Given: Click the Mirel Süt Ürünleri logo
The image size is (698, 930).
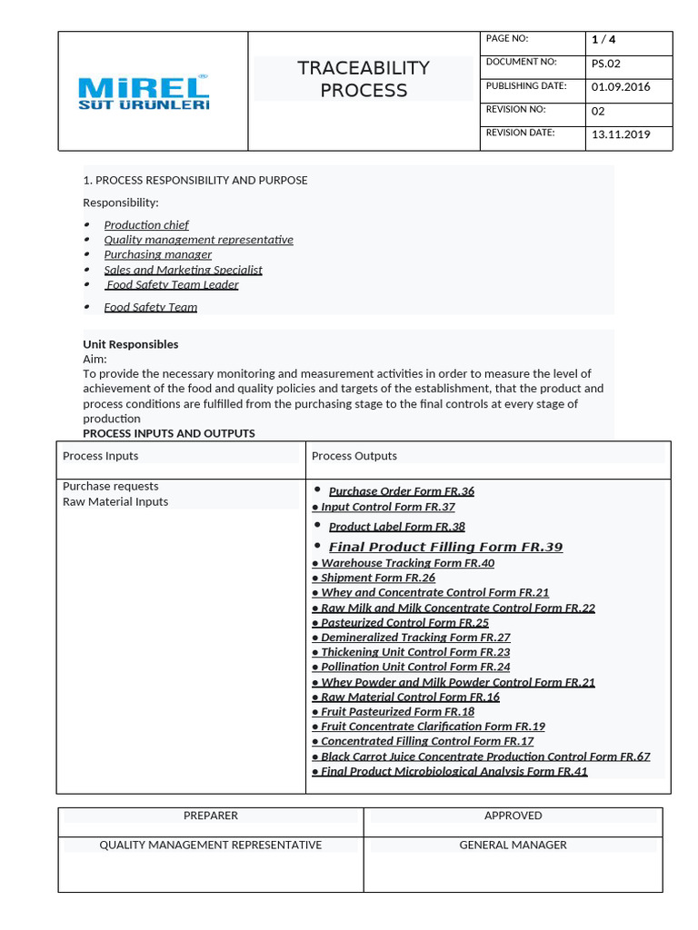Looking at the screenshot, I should coord(144,93).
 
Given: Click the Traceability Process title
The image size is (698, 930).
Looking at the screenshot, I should coord(364,79).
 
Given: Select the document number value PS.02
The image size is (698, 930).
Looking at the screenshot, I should coord(606,64).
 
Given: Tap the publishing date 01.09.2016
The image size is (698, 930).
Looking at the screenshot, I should coord(621,87).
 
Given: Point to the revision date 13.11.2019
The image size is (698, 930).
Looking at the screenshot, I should coord(621,134).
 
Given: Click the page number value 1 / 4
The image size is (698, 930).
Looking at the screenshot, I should coord(603,39).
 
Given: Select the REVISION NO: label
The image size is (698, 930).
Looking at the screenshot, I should coord(515,109).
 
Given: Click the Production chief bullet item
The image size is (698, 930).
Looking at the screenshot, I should coord(146,224).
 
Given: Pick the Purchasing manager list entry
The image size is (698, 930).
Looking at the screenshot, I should coord(157,254).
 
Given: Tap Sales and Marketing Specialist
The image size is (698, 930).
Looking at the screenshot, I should coord(183,270).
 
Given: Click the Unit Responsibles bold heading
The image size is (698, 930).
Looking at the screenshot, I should coord(130,344).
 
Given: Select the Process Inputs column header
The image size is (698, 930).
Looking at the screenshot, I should coord(100,456).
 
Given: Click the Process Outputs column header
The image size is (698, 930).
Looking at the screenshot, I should coord(354,456).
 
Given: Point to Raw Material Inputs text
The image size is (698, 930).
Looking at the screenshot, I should coord(115,501).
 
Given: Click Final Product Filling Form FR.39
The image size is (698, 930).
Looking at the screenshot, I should coord(445,547).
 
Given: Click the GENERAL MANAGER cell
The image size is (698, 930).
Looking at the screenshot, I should coord(513,845).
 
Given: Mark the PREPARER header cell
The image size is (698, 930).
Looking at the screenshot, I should coord(211,816).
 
